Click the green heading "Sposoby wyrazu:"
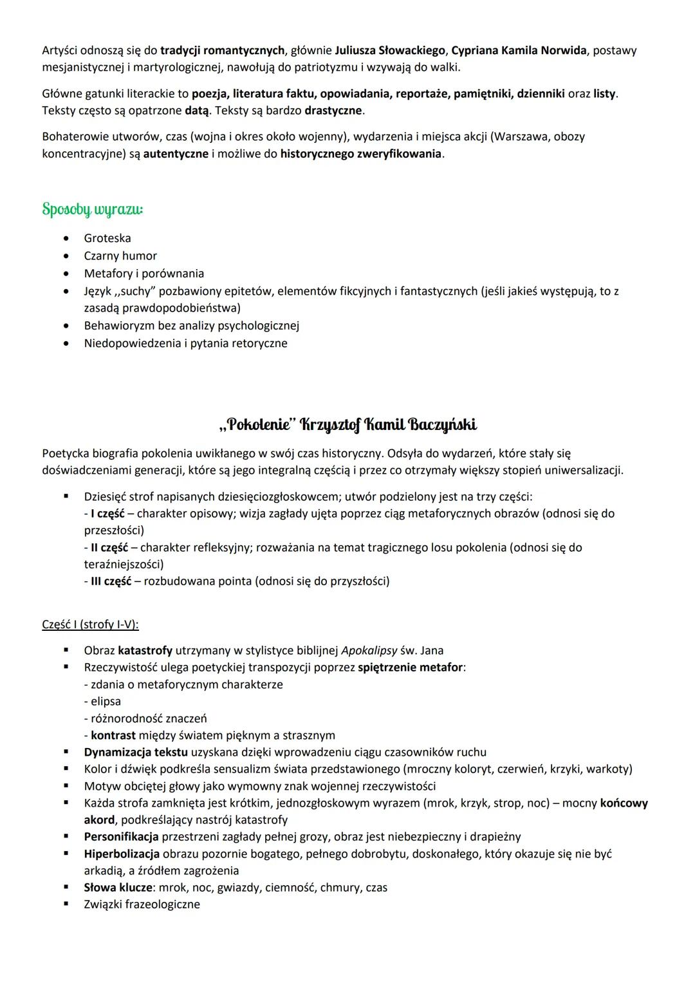[93, 210]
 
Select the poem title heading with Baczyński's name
[347, 425]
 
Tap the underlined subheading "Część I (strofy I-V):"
[90, 624]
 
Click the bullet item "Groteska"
[107, 238]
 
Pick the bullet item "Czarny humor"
[120, 256]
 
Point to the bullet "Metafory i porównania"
[144, 274]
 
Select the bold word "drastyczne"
[334, 110]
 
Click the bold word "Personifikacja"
[121, 837]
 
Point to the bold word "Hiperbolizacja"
[122, 854]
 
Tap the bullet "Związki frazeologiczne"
[142, 904]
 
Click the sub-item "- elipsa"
[102, 701]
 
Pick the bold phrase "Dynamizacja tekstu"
[136, 752]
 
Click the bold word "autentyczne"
[176, 154]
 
